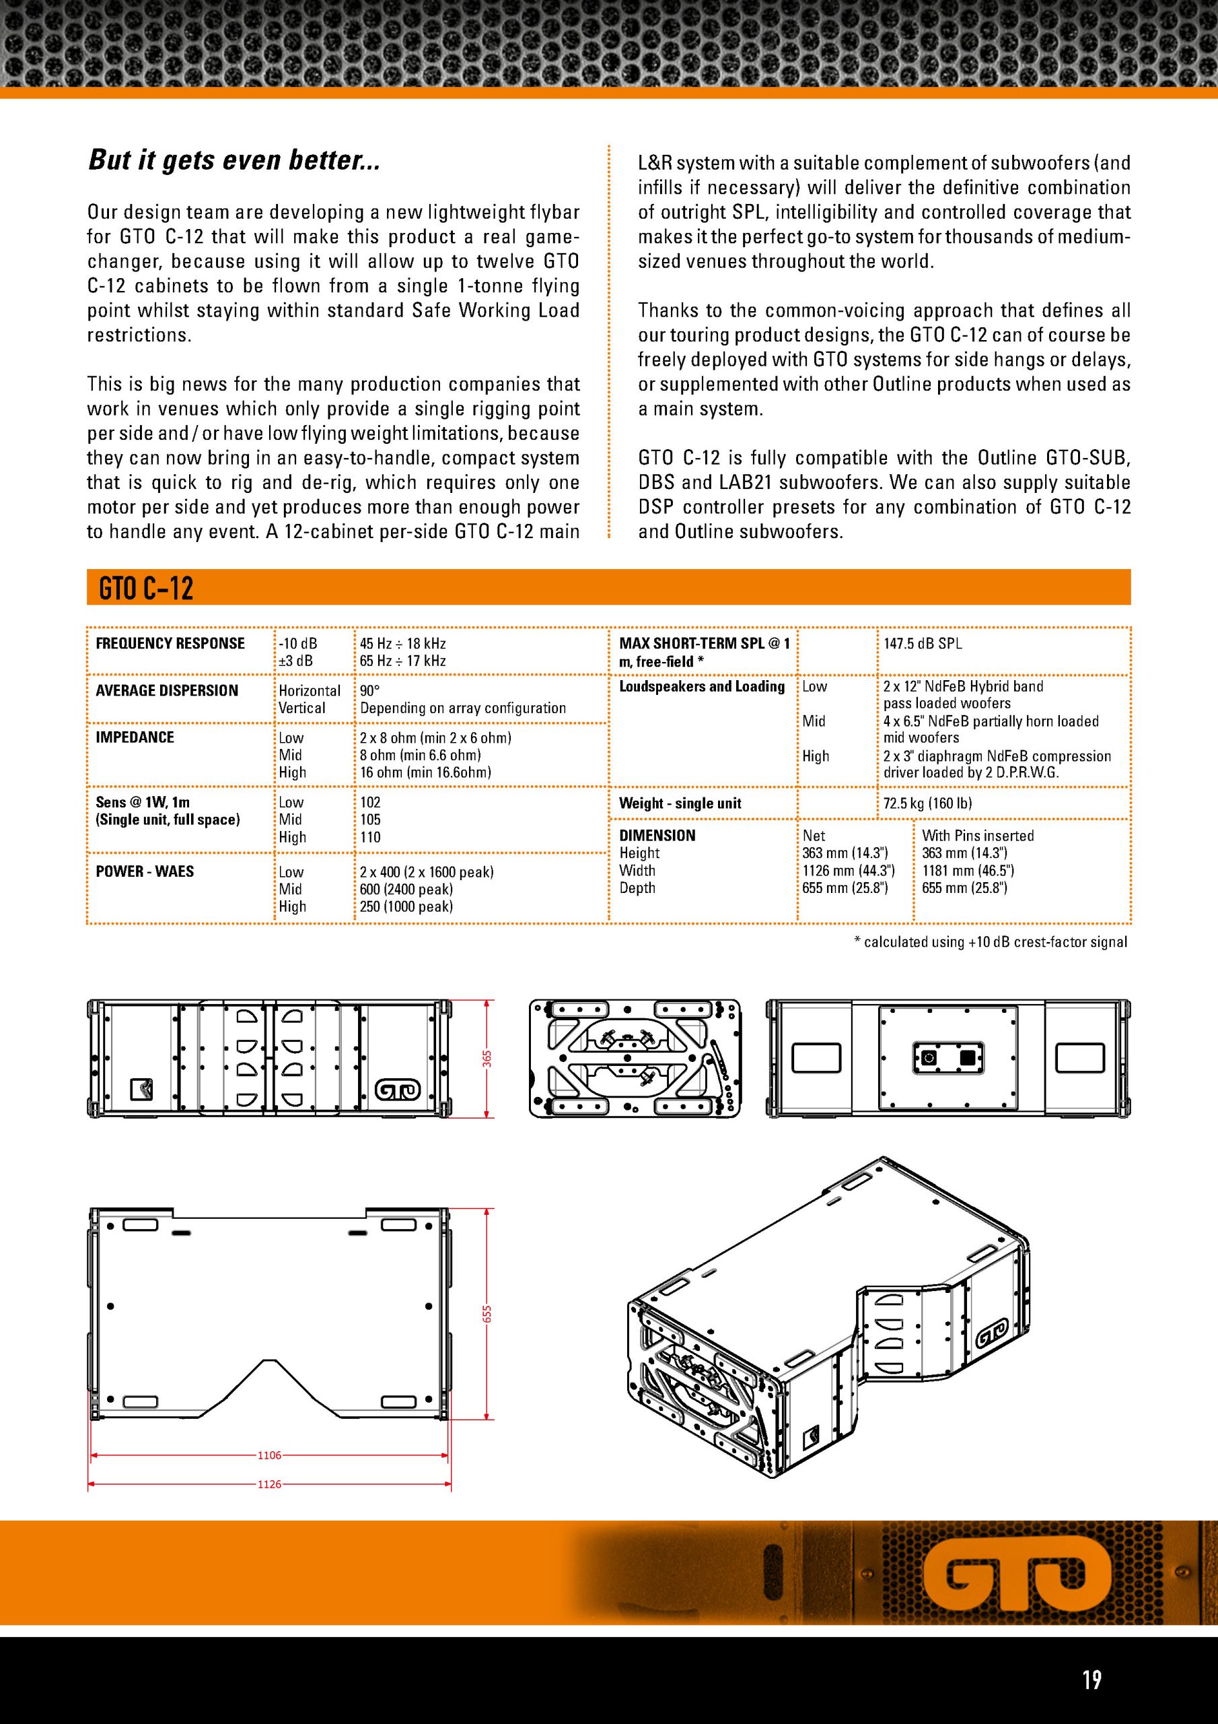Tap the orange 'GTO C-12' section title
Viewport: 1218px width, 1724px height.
pyautogui.click(x=146, y=589)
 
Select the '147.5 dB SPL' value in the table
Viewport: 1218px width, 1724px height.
pyautogui.click(x=923, y=644)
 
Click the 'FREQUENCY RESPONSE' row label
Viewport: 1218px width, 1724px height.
pyautogui.click(x=170, y=644)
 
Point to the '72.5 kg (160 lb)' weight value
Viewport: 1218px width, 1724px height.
pyautogui.click(x=927, y=803)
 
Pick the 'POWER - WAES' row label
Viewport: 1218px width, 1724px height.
pyautogui.click(x=145, y=871)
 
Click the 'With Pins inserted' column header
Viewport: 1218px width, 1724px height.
pyautogui.click(x=978, y=836)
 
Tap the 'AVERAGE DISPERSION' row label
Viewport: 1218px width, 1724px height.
pyautogui.click(x=167, y=691)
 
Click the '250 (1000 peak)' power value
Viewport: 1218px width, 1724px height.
pyautogui.click(x=406, y=906)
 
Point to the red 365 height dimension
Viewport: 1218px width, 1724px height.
pyautogui.click(x=487, y=1059)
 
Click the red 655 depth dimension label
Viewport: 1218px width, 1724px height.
pyautogui.click(x=487, y=1314)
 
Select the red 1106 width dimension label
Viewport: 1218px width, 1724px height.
pyautogui.click(x=268, y=1455)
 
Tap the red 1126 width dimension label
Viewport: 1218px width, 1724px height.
pyautogui.click(x=268, y=1484)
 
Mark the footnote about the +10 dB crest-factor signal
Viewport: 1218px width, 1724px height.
pyautogui.click(x=991, y=941)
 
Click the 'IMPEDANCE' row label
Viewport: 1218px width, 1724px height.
pyautogui.click(x=135, y=737)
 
